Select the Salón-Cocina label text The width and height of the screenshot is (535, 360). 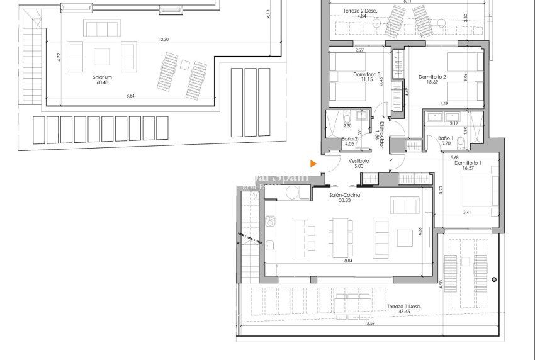[x=344, y=195]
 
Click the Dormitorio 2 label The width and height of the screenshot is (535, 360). [x=432, y=77]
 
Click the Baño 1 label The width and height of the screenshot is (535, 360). [x=445, y=138]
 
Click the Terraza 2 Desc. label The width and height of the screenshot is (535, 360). [x=360, y=10]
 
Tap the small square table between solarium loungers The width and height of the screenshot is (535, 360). [x=185, y=64]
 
